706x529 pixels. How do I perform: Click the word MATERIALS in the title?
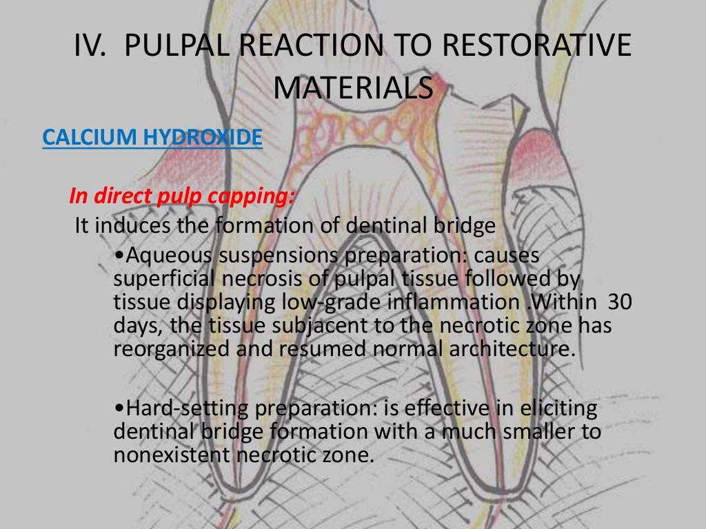click(x=353, y=87)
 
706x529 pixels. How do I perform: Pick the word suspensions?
click(x=280, y=256)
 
